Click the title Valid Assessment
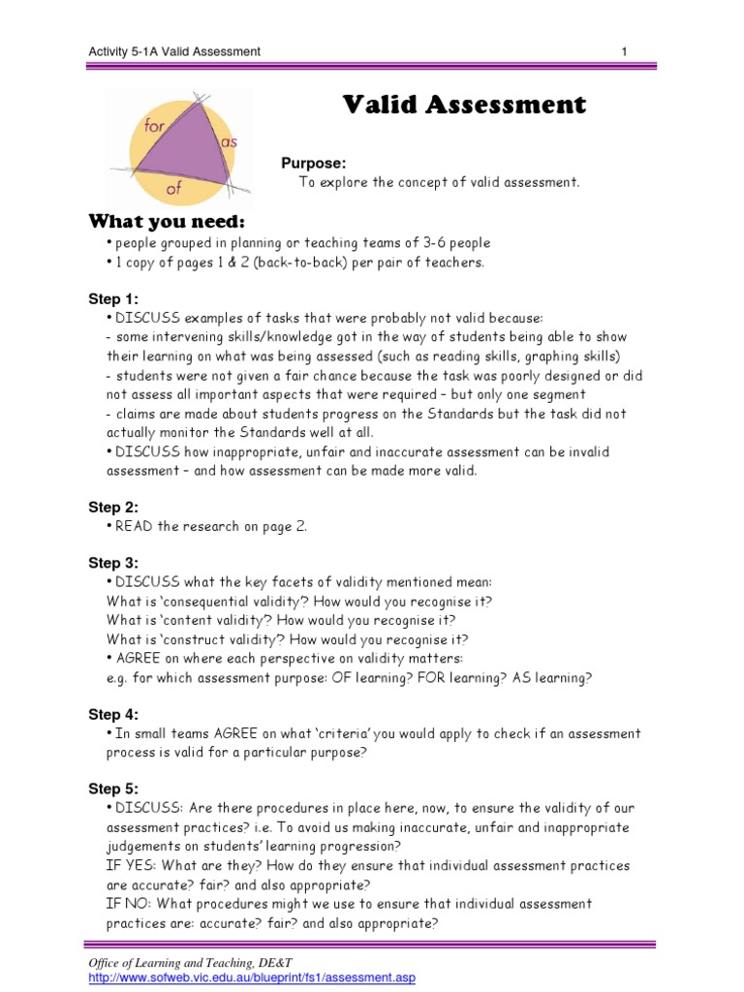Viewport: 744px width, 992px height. click(x=464, y=105)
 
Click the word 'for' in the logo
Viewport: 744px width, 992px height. click(x=155, y=126)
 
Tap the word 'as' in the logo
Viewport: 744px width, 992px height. click(x=229, y=142)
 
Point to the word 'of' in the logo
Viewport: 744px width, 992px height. click(x=174, y=189)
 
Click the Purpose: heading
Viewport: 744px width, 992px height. click(x=313, y=163)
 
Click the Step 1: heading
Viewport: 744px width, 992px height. click(x=113, y=299)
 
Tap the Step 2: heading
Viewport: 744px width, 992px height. click(x=113, y=508)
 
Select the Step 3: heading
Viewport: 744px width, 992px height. click(x=113, y=563)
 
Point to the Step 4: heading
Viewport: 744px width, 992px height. click(x=113, y=715)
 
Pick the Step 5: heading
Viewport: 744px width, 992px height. click(x=113, y=789)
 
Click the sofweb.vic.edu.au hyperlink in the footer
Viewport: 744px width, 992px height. click(x=251, y=978)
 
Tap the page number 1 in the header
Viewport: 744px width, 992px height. click(x=625, y=51)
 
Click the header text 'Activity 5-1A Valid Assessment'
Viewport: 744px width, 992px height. click(x=173, y=51)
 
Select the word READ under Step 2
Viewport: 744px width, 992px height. click(x=135, y=527)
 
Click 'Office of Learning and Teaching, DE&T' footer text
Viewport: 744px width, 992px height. click(x=190, y=962)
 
